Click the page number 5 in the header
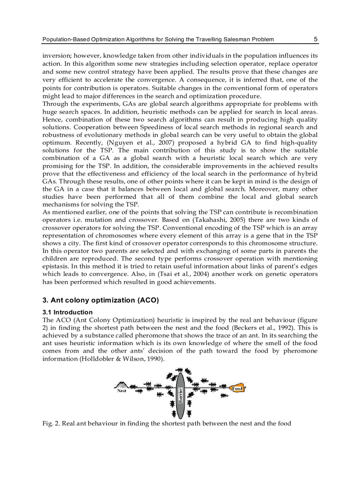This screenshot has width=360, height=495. tap(315, 39)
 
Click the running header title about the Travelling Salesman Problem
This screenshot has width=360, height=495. tap(157, 39)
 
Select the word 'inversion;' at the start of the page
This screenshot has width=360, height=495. tap(56, 56)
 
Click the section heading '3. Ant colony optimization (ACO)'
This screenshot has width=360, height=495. tap(100, 300)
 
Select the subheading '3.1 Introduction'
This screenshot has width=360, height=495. tap(67, 312)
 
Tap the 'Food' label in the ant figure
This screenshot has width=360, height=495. tap(237, 388)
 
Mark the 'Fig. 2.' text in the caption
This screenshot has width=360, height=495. tap(51, 424)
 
